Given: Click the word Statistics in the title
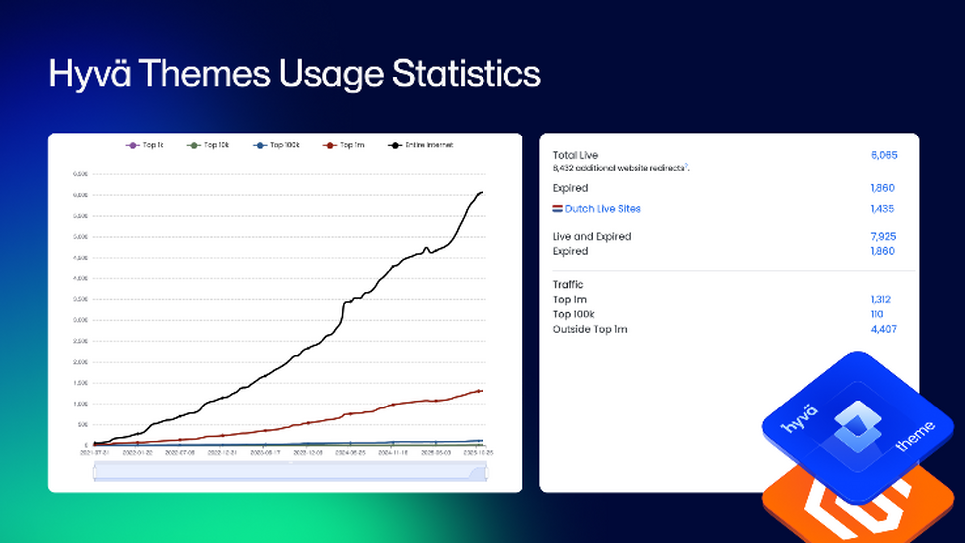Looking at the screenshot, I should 466,74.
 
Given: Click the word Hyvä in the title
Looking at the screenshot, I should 90,74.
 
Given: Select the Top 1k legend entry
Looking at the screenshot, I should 145,145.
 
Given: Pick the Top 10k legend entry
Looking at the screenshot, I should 208,145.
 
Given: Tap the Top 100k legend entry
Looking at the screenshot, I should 277,145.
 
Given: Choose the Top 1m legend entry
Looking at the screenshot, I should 344,145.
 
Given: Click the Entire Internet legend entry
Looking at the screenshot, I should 421,145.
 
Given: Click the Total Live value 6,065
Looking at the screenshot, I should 884,155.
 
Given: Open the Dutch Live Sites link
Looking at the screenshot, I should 602,209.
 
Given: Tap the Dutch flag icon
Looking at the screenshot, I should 557,208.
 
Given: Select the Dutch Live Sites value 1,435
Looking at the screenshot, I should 882,209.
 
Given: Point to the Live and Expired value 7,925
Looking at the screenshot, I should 883,236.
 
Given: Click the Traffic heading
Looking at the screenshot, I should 568,284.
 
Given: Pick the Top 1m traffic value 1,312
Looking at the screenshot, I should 880,299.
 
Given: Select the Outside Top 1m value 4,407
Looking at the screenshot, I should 883,329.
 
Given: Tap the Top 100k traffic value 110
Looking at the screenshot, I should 877,314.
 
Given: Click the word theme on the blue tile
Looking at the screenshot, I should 915,436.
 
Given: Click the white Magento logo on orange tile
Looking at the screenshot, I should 857,513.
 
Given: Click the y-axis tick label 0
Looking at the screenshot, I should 86,445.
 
